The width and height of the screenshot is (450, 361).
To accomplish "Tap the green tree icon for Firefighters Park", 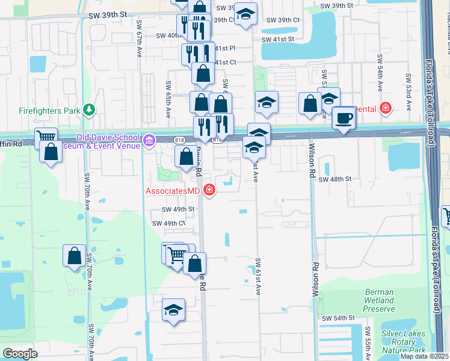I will (89, 110).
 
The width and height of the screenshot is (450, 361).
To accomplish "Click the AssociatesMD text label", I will (172, 191).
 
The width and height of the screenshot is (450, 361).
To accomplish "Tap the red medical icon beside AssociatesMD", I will (209, 191).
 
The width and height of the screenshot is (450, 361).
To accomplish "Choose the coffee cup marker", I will (344, 118).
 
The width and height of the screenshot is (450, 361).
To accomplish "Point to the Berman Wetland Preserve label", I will (380, 300).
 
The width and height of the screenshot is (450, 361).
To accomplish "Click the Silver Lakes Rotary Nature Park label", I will (403, 342).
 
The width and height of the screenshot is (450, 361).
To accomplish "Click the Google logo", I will (20, 353).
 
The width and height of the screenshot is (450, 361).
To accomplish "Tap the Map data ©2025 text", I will (424, 356).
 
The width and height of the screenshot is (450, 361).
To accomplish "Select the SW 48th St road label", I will (335, 179).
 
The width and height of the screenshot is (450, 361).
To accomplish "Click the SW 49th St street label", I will (179, 209).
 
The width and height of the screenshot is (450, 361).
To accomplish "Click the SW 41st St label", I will (277, 39).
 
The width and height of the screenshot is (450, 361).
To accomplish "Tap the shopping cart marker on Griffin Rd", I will (45, 138).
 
